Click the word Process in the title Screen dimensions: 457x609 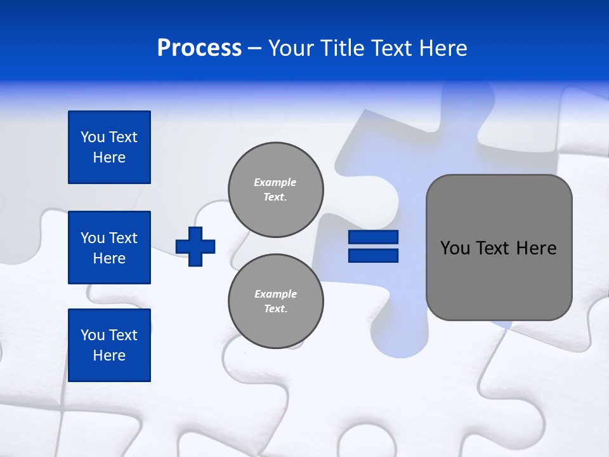click(x=199, y=48)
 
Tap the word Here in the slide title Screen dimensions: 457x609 click(x=443, y=48)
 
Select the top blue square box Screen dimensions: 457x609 click(x=109, y=147)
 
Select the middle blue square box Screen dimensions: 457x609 click(x=109, y=248)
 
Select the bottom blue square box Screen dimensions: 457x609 click(x=109, y=345)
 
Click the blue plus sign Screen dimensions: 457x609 click(x=195, y=246)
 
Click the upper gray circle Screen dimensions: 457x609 click(x=276, y=190)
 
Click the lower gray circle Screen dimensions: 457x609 click(x=276, y=301)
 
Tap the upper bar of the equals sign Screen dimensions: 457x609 click(x=373, y=237)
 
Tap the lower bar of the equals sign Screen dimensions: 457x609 click(x=373, y=256)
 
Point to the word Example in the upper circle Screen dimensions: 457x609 click(x=275, y=182)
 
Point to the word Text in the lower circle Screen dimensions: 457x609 click(x=275, y=309)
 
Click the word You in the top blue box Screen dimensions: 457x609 click(x=93, y=137)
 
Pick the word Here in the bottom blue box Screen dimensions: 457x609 click(x=109, y=355)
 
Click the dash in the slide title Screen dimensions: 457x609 click(x=254, y=48)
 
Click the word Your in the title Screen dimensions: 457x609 click(x=291, y=48)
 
